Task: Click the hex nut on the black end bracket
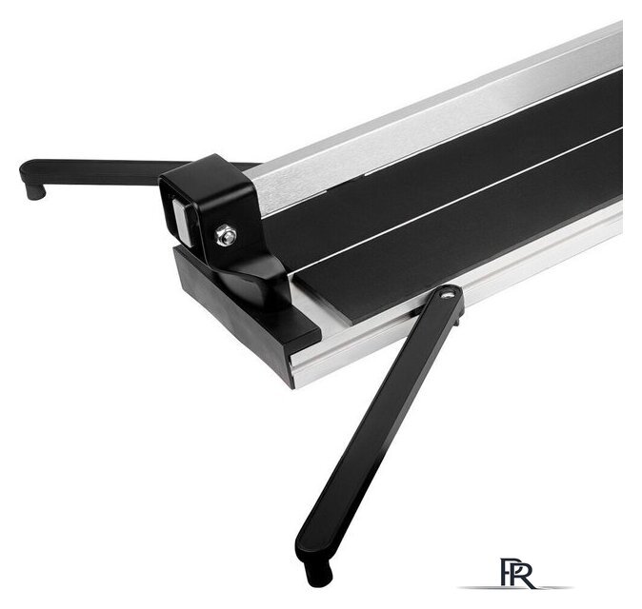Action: (226, 235)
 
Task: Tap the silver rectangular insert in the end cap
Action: (182, 222)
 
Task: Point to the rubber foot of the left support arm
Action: (34, 190)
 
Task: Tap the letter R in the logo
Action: (523, 574)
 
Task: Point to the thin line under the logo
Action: (515, 587)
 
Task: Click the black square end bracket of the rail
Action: (209, 205)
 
